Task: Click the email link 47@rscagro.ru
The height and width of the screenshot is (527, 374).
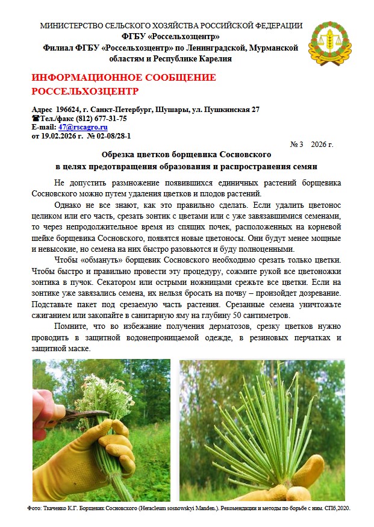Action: (x=83, y=127)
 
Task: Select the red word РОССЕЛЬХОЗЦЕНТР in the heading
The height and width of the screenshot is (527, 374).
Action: (x=84, y=92)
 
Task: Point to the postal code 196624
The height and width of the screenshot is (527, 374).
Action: (x=67, y=110)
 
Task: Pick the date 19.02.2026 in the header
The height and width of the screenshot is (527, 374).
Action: (x=61, y=136)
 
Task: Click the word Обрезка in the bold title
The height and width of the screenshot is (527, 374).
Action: (x=120, y=155)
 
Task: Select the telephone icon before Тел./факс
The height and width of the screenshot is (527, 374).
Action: (x=34, y=119)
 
